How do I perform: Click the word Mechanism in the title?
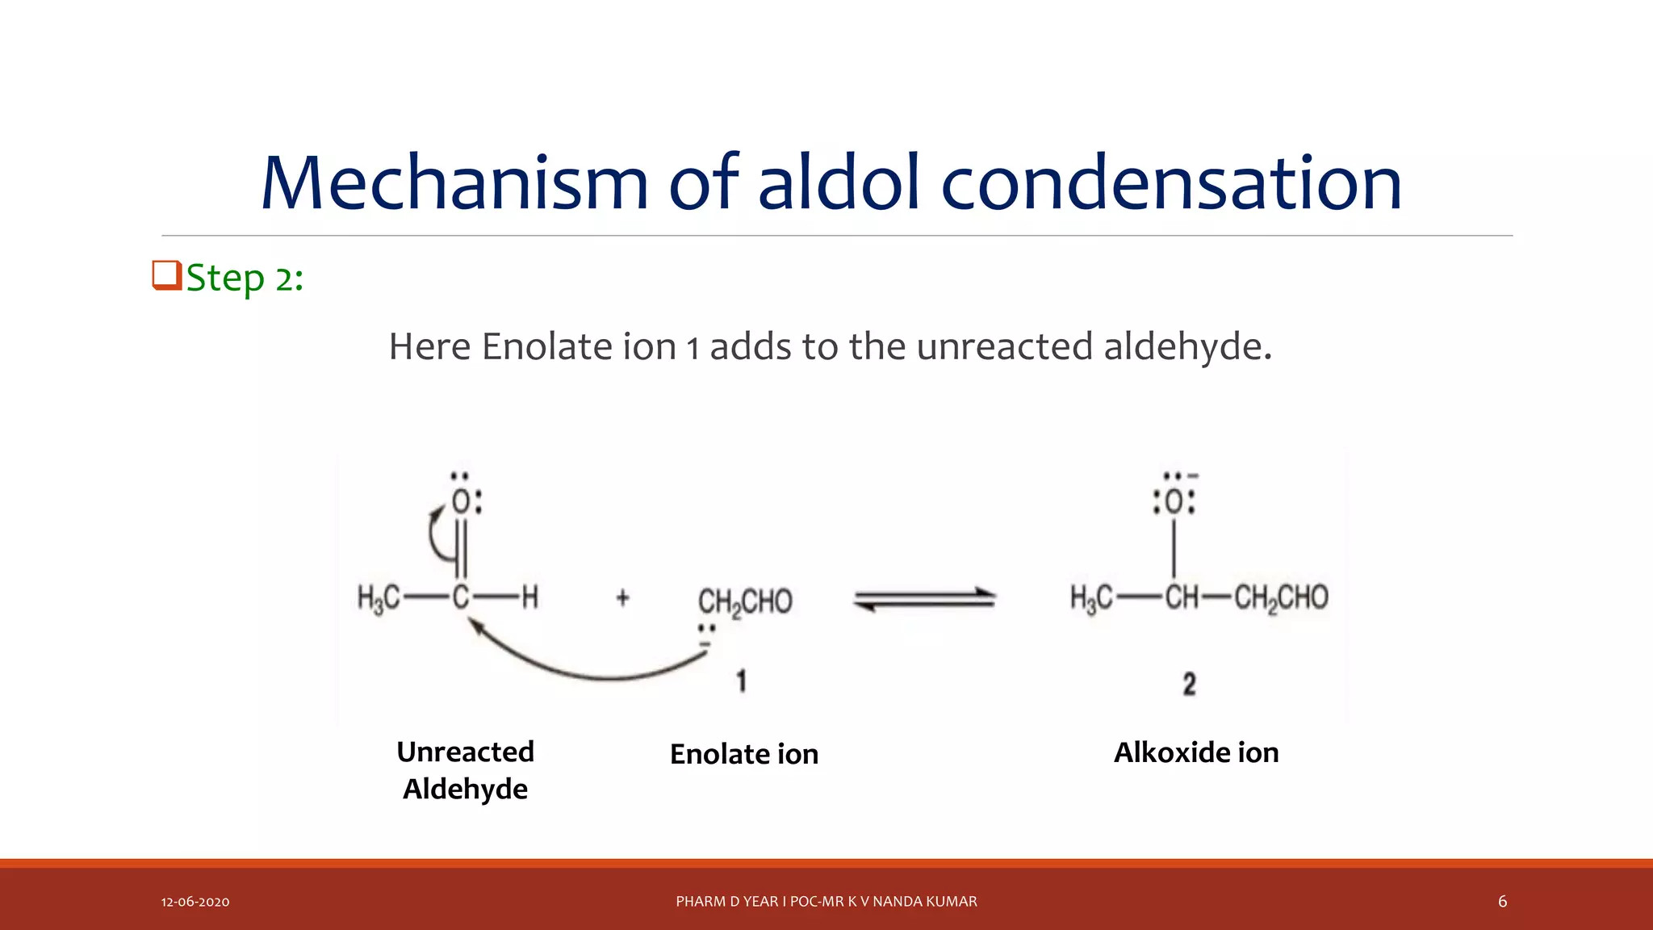tap(454, 183)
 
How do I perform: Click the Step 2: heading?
tap(245, 279)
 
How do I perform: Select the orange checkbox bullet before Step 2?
tap(166, 275)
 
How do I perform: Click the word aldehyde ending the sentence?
tap(1186, 347)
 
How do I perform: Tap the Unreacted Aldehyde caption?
tap(466, 770)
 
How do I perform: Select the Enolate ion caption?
tap(744, 754)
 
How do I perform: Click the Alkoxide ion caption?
tap(1196, 752)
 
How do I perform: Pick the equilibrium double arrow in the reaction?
tap(925, 599)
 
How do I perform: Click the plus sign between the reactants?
tap(622, 598)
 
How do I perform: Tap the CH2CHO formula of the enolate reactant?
tap(745, 602)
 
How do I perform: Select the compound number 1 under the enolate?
tap(741, 681)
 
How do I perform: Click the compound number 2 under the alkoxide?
tap(1189, 684)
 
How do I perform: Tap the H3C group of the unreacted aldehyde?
tap(379, 598)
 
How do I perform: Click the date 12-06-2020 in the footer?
tap(195, 902)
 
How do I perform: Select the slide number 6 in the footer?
tap(1502, 901)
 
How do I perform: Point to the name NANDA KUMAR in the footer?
tap(925, 901)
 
